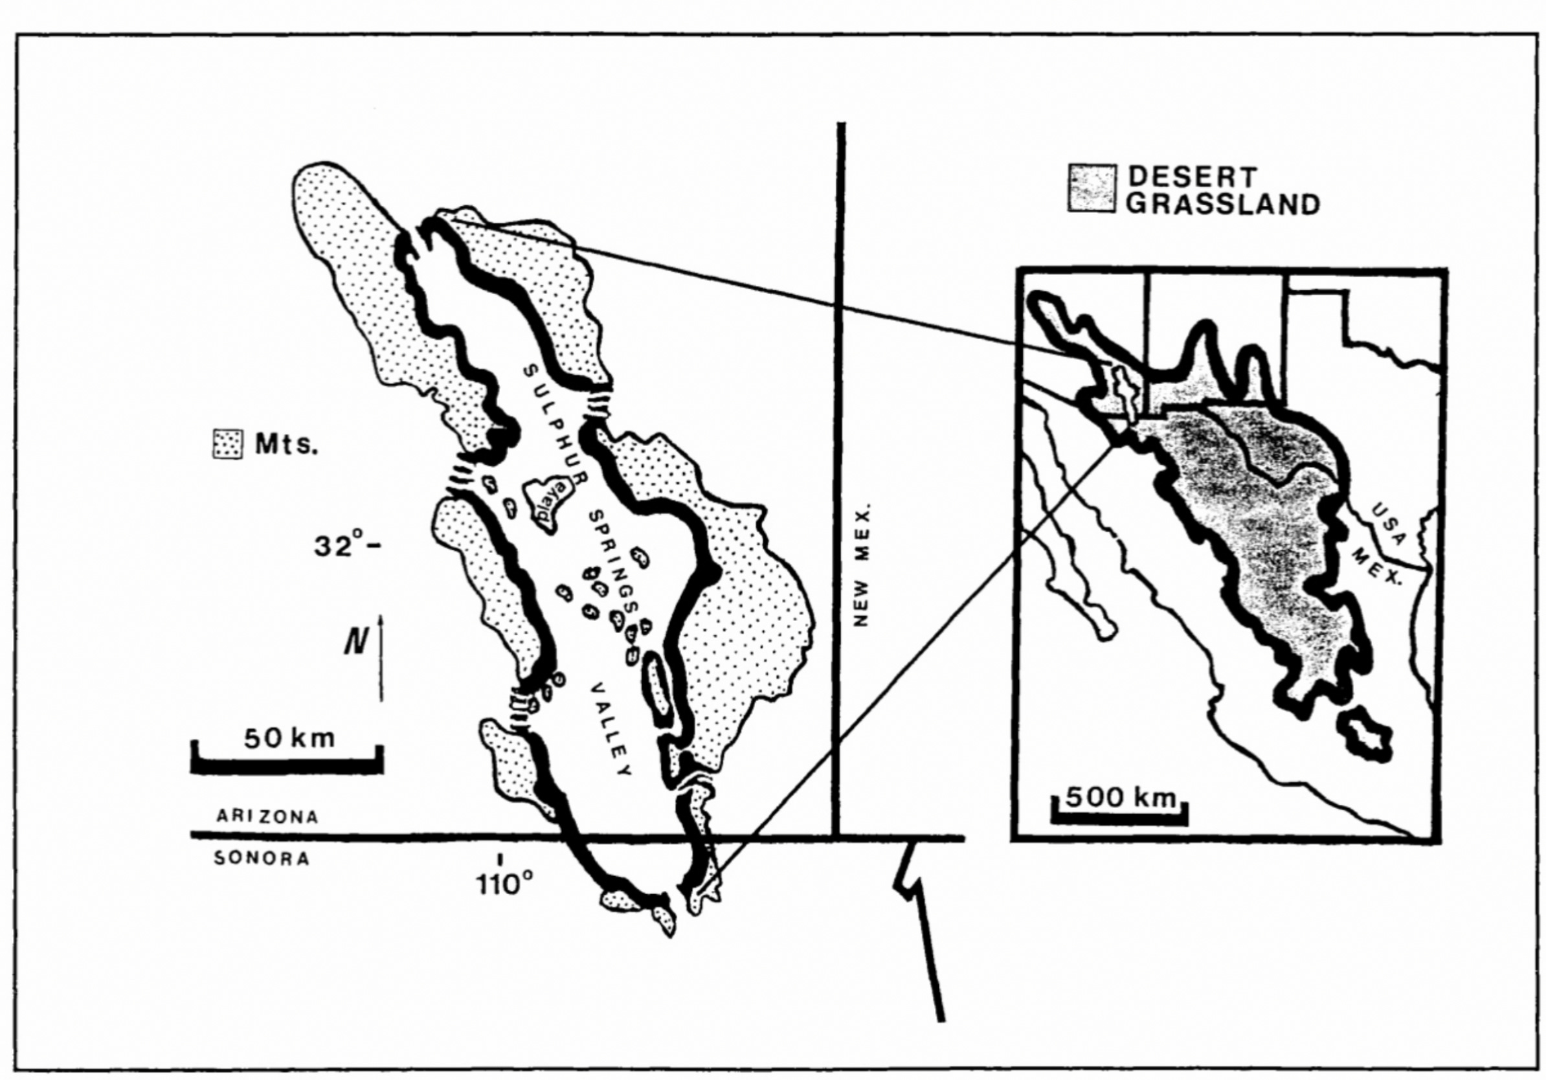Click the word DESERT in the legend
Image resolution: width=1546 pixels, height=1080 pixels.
1192,177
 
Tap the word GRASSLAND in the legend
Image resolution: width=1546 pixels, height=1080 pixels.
1223,204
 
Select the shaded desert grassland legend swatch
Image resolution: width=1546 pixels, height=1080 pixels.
1092,189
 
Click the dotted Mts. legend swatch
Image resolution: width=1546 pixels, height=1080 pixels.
228,444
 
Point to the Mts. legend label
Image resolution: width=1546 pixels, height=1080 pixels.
286,444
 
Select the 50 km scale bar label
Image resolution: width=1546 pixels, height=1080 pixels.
289,739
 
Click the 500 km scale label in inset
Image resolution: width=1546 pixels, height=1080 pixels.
1120,797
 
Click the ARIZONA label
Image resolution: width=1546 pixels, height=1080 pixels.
267,816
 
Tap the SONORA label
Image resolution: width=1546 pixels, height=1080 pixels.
262,859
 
